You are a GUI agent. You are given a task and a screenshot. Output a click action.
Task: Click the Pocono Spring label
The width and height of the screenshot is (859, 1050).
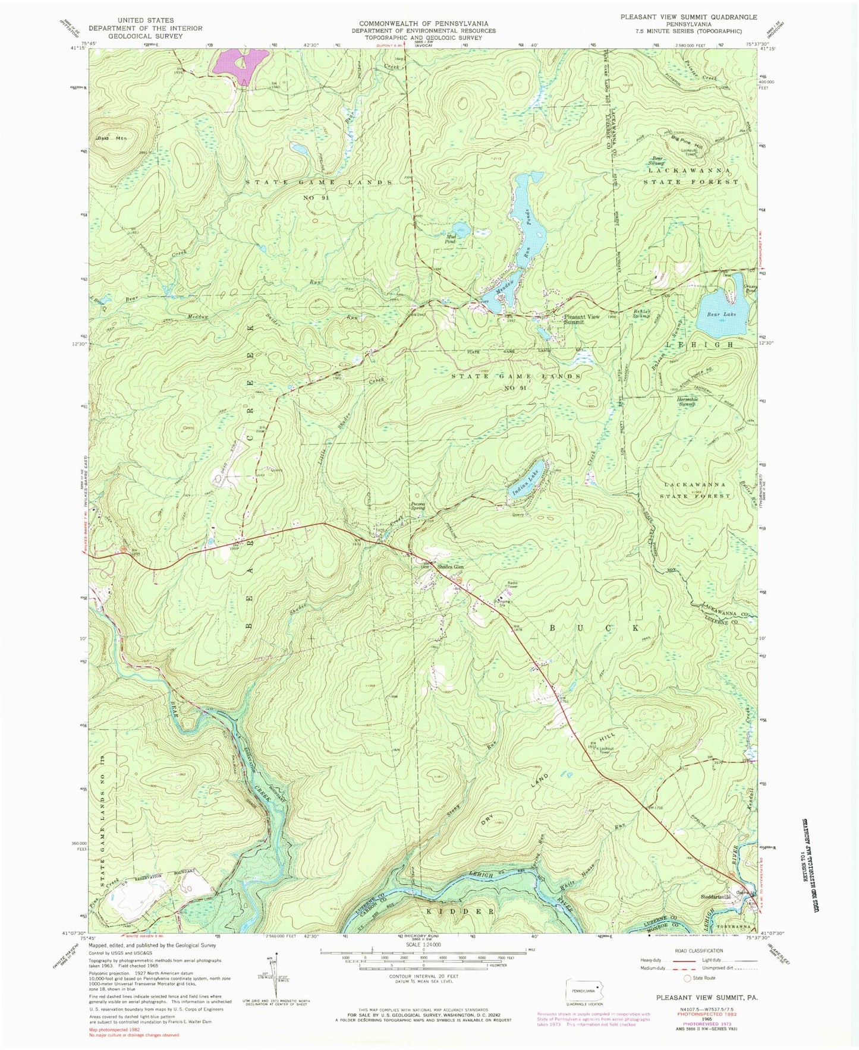pyautogui.click(x=421, y=506)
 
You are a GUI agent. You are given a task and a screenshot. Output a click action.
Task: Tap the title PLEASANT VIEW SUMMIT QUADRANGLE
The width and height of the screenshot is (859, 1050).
pyautogui.click(x=688, y=17)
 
